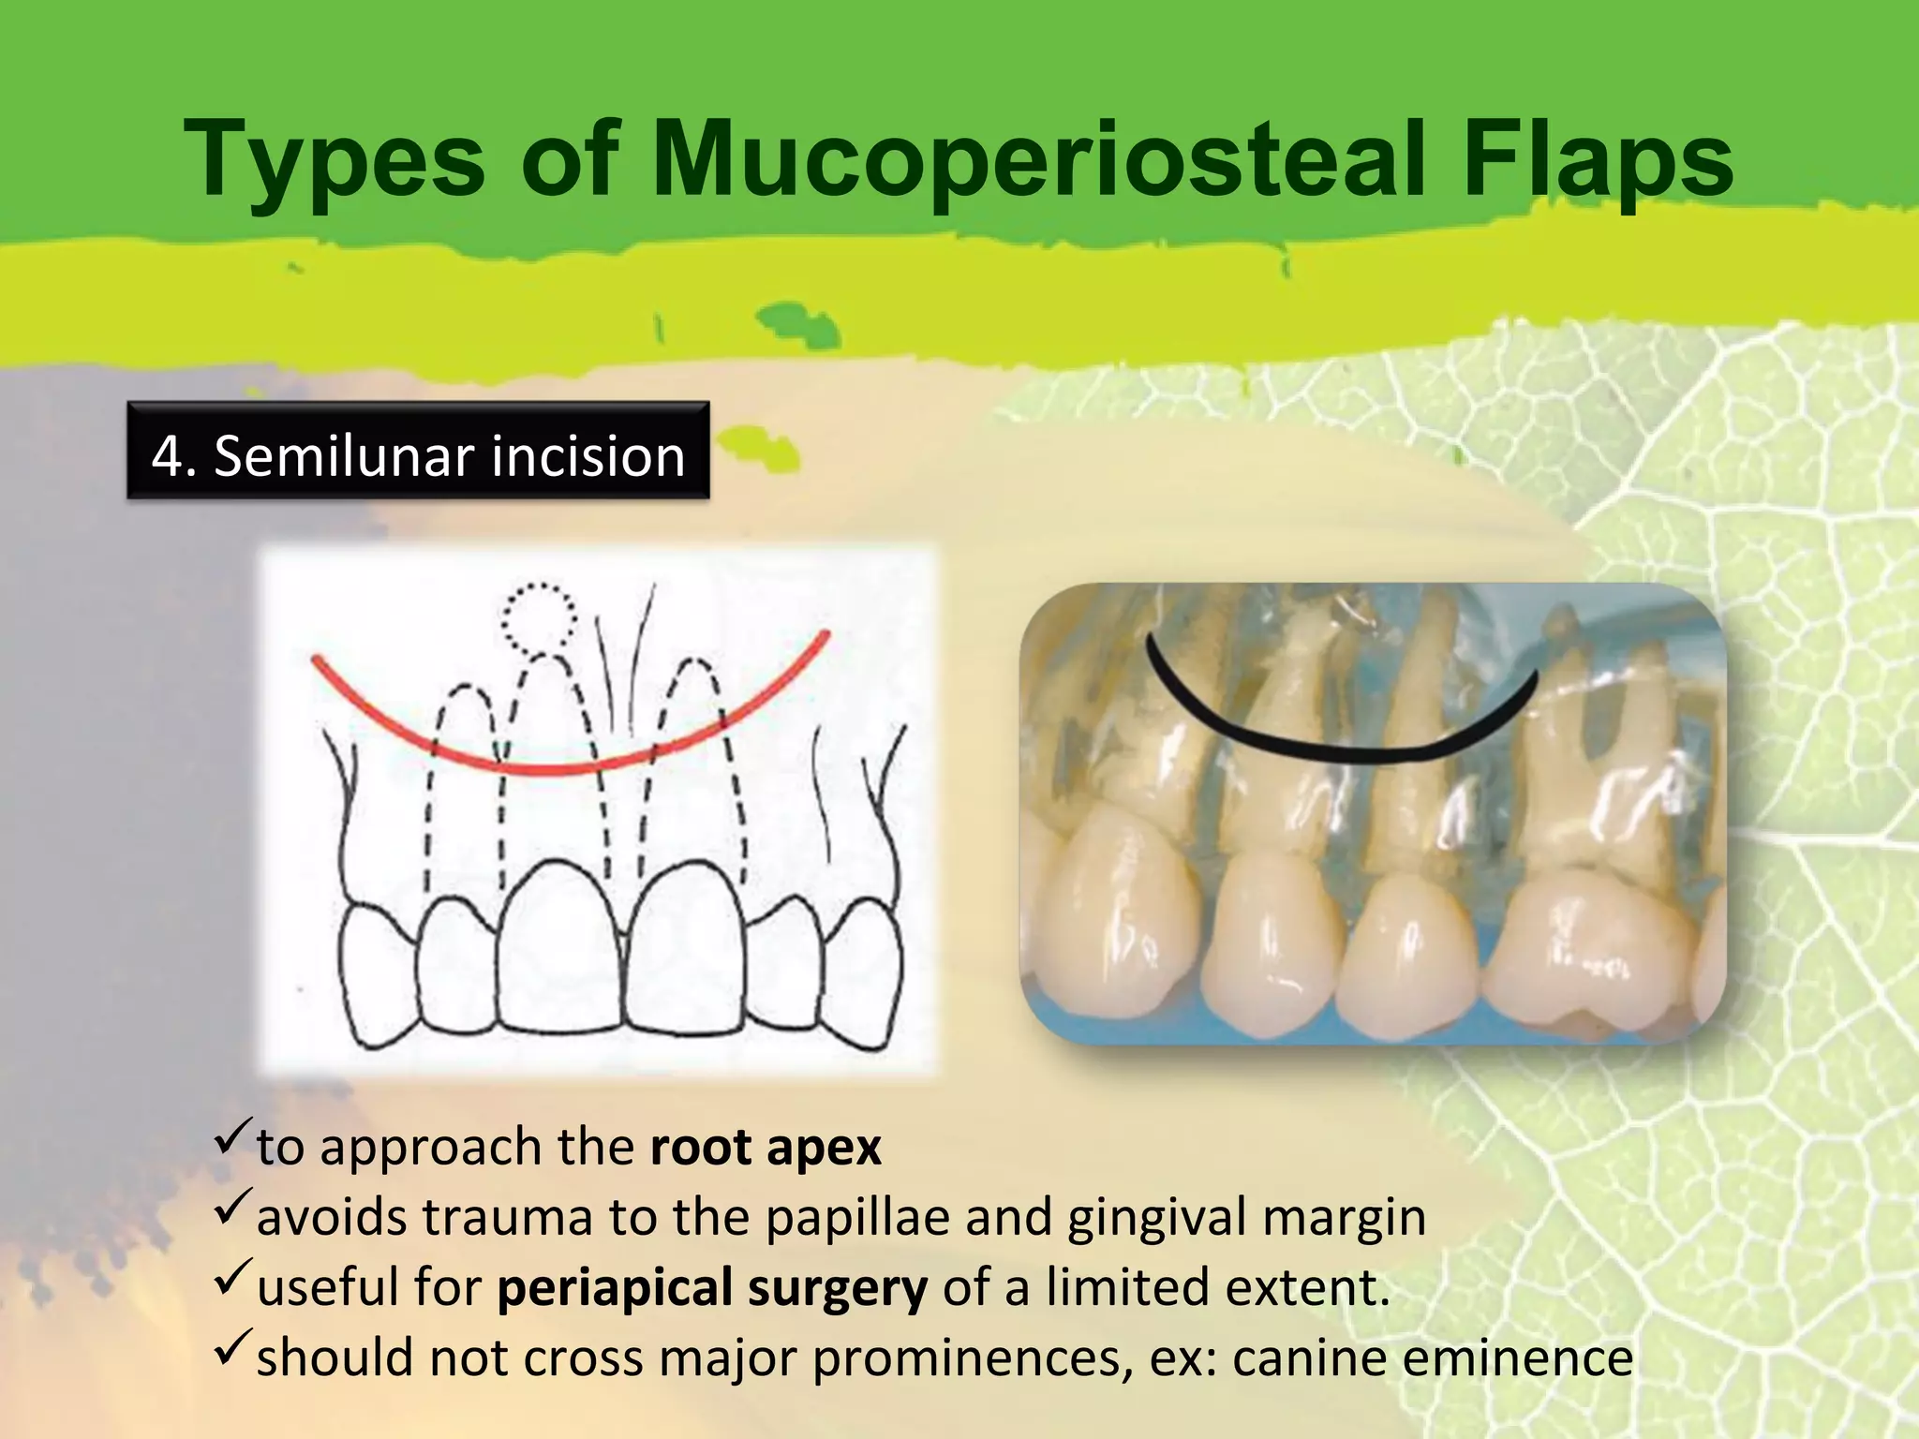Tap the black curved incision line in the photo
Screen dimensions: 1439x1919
tap(1340, 750)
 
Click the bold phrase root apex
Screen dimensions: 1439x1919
tap(766, 1148)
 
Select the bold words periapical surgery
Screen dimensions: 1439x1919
tap(712, 1288)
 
